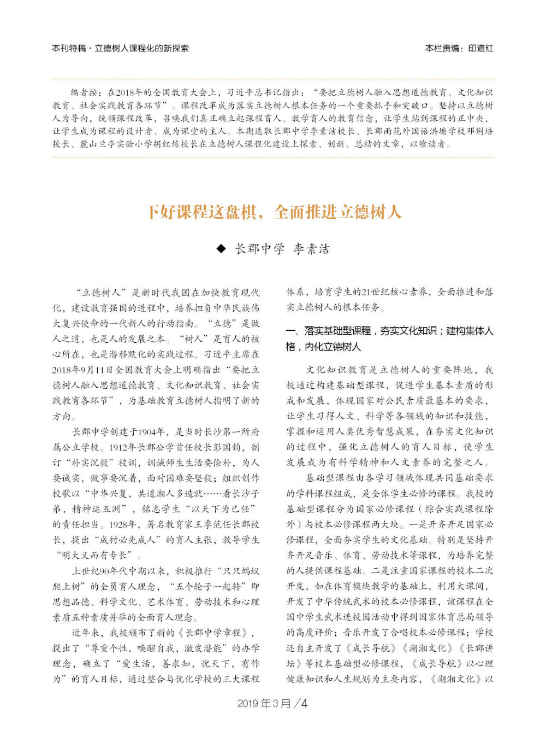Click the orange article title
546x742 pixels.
(272, 212)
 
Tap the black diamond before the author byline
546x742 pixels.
(221, 249)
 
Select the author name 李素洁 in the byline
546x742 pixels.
(311, 249)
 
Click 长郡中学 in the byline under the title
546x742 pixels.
(260, 249)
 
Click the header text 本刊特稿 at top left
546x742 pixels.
(69, 48)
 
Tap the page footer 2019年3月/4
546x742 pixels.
(272, 703)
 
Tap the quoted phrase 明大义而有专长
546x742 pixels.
(96, 555)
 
